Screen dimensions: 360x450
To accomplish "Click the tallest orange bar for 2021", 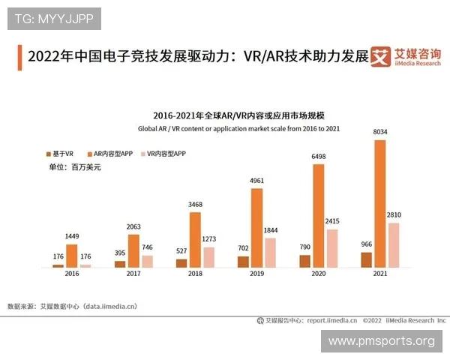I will (380, 203).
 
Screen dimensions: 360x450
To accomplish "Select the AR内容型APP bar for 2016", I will (71, 256).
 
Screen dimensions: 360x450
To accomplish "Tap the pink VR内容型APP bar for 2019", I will (270, 253).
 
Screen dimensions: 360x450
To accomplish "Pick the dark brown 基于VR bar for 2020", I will (304, 261).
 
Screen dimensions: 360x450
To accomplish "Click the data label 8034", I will (380, 133).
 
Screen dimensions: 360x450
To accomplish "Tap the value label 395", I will (120, 254).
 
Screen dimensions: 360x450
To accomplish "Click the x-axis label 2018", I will (195, 274).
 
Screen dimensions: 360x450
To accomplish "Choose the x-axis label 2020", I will (318, 274).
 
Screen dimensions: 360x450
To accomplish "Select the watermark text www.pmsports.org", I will (381, 341).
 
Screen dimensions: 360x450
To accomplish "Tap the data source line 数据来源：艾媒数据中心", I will (72, 306).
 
